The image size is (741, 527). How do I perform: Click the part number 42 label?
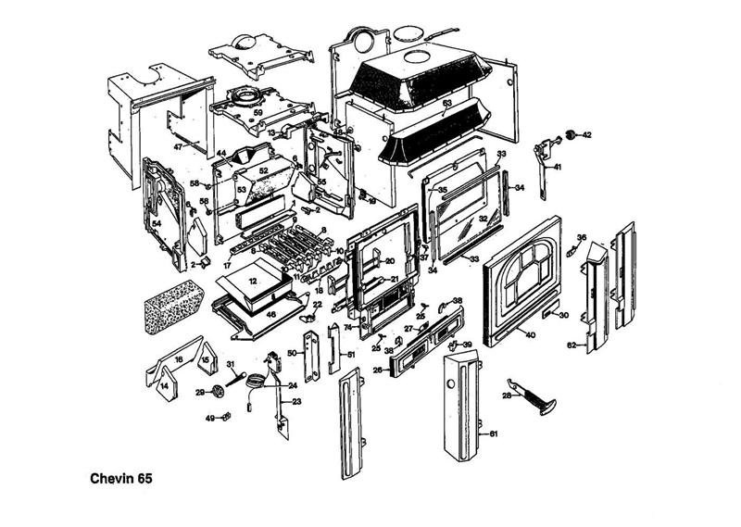[x=586, y=135]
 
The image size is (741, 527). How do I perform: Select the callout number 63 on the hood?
[x=446, y=103]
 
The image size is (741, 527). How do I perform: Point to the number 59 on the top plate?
[x=258, y=113]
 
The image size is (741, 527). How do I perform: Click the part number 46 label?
[x=270, y=315]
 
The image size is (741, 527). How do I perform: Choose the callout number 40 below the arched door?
[x=530, y=333]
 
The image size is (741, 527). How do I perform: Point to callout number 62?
[x=571, y=345]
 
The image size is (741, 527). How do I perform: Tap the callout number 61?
[x=493, y=433]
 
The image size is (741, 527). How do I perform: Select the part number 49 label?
[x=209, y=419]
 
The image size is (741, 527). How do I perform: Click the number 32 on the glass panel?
[x=483, y=220]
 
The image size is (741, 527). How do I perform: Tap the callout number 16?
[x=178, y=358]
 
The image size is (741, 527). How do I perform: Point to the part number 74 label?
[x=348, y=328]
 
